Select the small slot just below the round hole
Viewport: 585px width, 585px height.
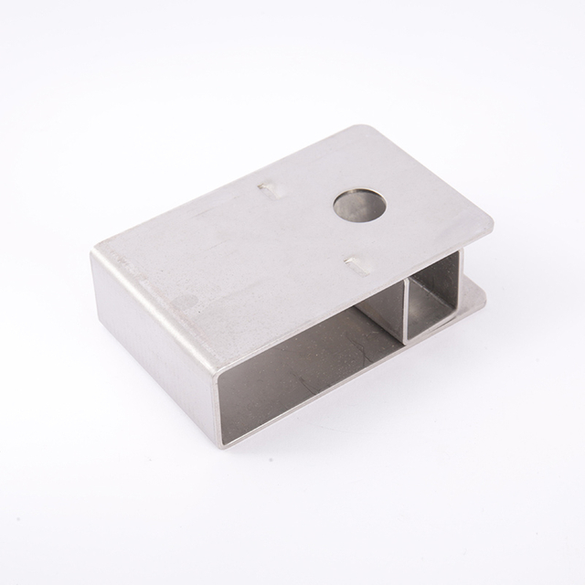[358, 267]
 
